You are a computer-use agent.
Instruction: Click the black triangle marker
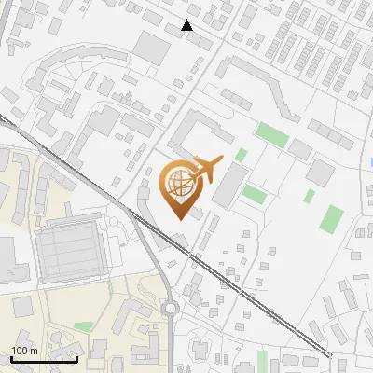pos(186,25)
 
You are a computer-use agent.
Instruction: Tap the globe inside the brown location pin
pos(178,183)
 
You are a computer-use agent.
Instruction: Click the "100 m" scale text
pos(23,351)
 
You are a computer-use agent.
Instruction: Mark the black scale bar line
pos(44,360)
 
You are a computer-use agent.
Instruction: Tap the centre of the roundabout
pos(170,309)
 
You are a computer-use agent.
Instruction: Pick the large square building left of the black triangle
pos(151,47)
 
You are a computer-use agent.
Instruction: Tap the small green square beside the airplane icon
pos(242,155)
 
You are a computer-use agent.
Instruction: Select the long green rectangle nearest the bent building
pos(272,133)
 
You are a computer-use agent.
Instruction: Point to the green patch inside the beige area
pos(83,326)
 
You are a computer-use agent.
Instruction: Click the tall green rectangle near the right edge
pos(331,220)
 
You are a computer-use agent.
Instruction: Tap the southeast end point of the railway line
pos(330,354)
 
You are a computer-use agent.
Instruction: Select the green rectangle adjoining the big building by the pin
pos(254,194)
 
